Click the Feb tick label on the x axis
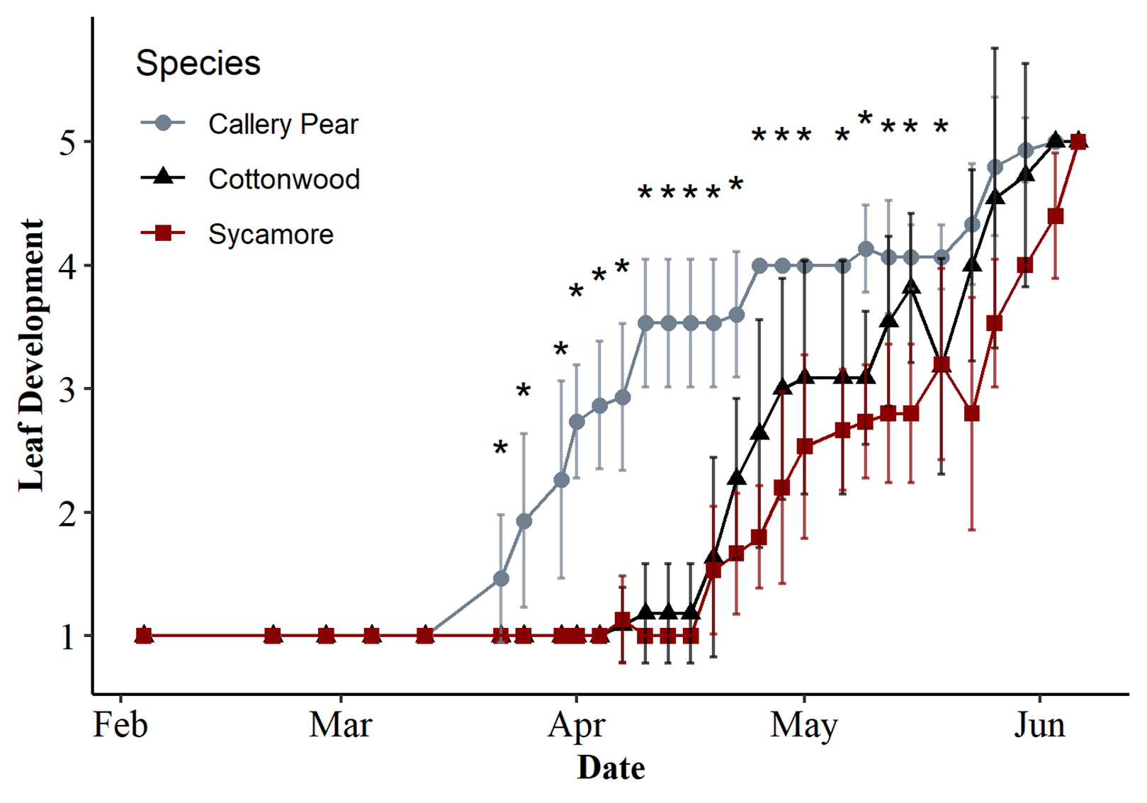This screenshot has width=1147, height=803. tap(120, 725)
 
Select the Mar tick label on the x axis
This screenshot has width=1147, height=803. tap(340, 725)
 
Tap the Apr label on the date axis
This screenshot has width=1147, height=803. tap(576, 725)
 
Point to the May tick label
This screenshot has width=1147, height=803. tap(804, 725)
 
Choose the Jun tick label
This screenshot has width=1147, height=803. tap(1039, 725)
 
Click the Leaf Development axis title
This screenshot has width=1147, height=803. tap(31, 354)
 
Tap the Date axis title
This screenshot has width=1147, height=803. tap(611, 768)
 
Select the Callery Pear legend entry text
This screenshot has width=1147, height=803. tap(283, 124)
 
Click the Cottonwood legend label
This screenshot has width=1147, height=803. tap(283, 179)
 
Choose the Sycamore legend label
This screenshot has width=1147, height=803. tap(271, 235)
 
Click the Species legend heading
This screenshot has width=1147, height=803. tap(198, 63)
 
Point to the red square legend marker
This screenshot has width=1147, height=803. tap(163, 233)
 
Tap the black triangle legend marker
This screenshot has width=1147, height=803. tap(163, 176)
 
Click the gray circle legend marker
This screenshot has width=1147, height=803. tap(163, 123)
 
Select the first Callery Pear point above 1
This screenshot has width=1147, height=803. tap(501, 578)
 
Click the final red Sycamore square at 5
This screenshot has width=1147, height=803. tap(1078, 142)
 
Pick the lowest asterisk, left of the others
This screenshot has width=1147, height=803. tap(501, 449)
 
